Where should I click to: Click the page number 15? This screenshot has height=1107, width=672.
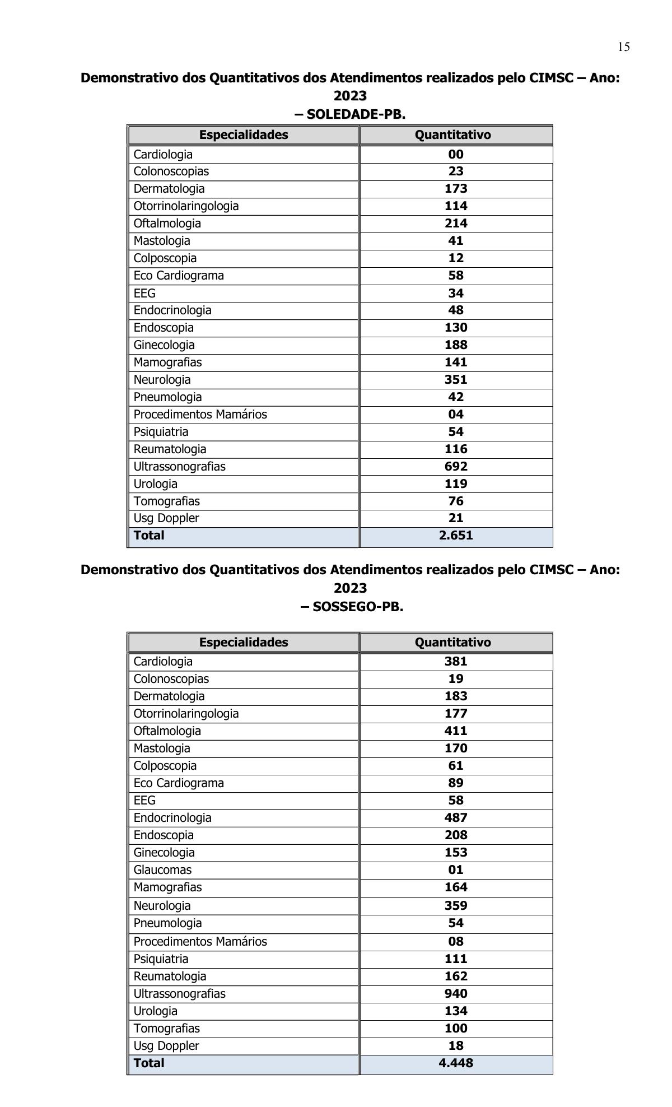tap(623, 47)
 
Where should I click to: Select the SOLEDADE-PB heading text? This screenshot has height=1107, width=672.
tap(350, 114)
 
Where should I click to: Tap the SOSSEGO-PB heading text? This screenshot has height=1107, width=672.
tap(352, 607)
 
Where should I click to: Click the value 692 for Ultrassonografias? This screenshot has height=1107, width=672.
tap(456, 466)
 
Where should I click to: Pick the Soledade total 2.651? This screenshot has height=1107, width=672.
tap(456, 535)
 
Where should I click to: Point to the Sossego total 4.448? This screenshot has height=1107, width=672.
tap(456, 1063)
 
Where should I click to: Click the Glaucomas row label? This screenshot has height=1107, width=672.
tap(162, 869)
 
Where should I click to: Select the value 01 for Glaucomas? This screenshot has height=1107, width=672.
tap(456, 869)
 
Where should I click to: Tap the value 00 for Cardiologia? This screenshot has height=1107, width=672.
tap(456, 154)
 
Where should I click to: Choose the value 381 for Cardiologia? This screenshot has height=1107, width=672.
tap(456, 661)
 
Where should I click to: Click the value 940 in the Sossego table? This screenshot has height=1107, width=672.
tap(456, 993)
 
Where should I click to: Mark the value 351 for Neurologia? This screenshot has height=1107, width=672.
tap(456, 379)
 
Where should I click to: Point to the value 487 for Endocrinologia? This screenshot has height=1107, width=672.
tap(456, 817)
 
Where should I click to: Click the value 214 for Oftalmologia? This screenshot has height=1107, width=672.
tap(456, 223)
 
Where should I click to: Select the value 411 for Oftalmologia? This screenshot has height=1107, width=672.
tap(456, 731)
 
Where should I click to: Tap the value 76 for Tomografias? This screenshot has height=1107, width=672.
tap(456, 501)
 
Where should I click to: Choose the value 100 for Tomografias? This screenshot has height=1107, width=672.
tap(456, 1028)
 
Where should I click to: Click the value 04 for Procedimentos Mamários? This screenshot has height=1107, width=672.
tap(456, 414)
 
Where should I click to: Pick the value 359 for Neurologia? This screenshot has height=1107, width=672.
tap(456, 905)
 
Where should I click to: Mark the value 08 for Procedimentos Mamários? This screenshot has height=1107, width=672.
tap(456, 941)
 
